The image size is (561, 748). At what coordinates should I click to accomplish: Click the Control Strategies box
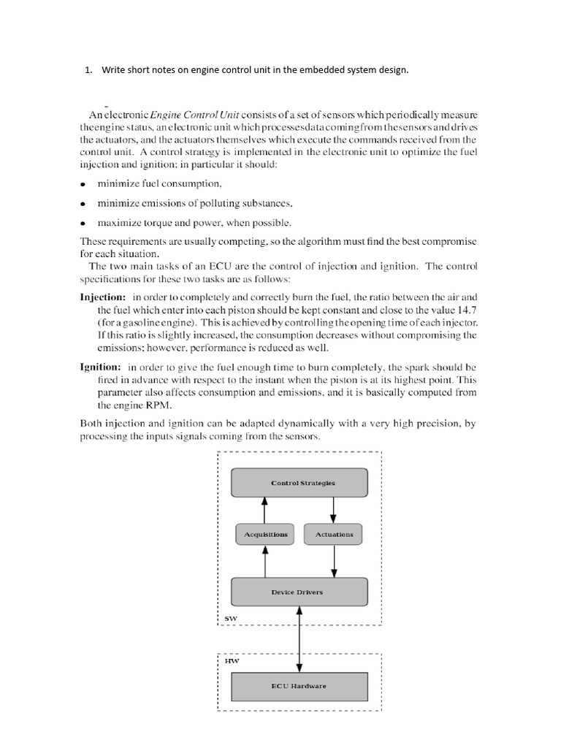coord(299,483)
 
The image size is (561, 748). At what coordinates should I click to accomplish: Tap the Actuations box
coord(334,534)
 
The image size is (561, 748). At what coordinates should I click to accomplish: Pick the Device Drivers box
coord(299,592)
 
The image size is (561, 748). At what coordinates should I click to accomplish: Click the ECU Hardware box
coord(299,686)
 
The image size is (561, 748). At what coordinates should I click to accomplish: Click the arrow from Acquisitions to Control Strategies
coord(264,509)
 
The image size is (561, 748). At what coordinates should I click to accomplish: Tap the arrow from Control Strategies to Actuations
coord(334,509)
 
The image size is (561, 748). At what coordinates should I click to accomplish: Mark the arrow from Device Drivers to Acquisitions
coord(264,561)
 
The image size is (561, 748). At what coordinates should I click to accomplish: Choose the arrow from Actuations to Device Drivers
coord(334,561)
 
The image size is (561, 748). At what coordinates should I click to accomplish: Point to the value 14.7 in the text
coord(465,310)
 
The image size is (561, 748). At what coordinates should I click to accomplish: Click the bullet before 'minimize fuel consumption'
coord(83,184)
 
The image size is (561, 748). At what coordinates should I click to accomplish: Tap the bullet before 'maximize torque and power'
coord(83,223)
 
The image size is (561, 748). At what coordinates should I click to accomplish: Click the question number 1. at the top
coord(88,70)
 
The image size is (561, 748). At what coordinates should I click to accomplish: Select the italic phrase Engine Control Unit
coord(196,115)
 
